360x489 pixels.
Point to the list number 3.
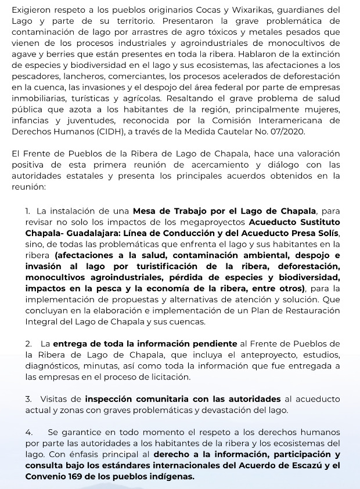coord(29,399)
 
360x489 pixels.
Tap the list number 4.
coord(29,433)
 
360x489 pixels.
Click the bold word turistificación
coord(157,266)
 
